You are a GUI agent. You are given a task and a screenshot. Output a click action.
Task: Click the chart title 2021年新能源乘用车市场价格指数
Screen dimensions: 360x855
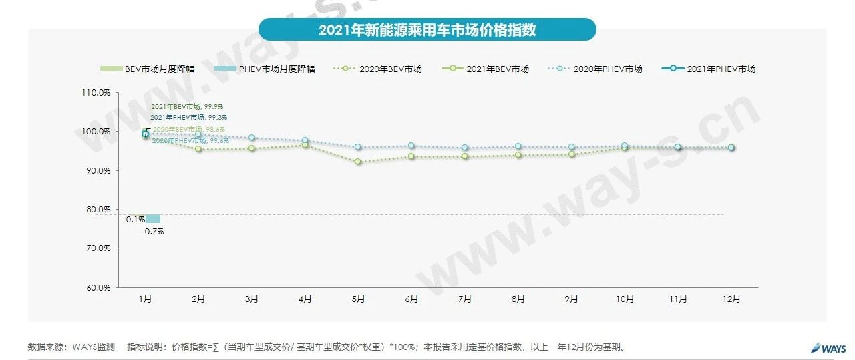pyautogui.click(x=427, y=30)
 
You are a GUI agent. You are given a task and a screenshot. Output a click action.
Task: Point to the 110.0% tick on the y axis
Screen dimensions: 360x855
pyautogui.click(x=96, y=93)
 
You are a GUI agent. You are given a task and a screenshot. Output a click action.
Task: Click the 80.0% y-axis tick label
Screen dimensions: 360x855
pyautogui.click(x=96, y=210)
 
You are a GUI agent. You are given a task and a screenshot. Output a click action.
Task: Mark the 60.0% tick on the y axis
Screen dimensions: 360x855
pyautogui.click(x=96, y=288)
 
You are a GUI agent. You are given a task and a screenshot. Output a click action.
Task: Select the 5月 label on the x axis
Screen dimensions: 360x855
pyautogui.click(x=358, y=299)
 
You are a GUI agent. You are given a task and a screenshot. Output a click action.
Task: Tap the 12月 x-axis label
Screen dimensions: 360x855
pyautogui.click(x=731, y=299)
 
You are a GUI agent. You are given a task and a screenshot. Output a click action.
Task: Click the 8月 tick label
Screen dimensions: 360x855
pyautogui.click(x=518, y=299)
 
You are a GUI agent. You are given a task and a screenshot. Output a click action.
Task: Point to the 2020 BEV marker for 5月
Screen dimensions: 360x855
pyautogui.click(x=358, y=162)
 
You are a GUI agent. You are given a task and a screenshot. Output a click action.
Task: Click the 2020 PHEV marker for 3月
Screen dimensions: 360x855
pyautogui.click(x=252, y=138)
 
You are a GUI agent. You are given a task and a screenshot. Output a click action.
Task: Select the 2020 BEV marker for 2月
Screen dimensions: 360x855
pyautogui.click(x=198, y=149)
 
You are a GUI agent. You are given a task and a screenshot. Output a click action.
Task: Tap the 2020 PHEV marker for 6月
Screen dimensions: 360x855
pyautogui.click(x=411, y=146)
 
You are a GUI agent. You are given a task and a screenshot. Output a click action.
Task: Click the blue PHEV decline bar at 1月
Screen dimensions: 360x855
pyautogui.click(x=153, y=219)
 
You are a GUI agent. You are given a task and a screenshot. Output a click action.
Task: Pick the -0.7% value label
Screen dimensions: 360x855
pyautogui.click(x=152, y=231)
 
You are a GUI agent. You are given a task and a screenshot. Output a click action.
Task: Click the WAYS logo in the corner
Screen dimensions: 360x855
pyautogui.click(x=828, y=347)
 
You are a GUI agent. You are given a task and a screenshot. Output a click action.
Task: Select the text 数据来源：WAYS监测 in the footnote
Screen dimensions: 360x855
pyautogui.click(x=71, y=347)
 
